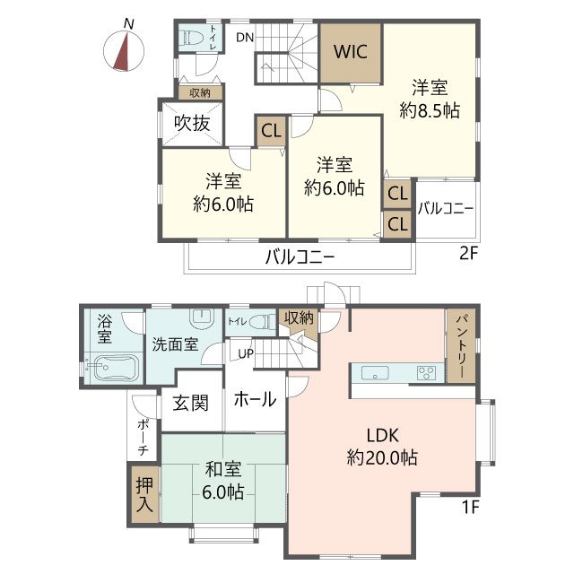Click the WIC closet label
tap(351, 52)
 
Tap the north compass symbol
tap(124, 51)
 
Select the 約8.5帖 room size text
tap(430, 110)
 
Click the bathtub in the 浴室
tap(112, 368)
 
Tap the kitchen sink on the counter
tap(375, 373)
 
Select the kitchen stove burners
tap(427, 373)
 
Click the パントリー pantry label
tap(460, 346)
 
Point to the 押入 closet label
tap(144, 495)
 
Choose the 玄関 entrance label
tap(190, 403)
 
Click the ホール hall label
tap(255, 399)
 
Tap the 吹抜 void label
tap(192, 123)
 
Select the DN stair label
tap(245, 38)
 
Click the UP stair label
tap(246, 353)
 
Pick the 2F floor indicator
tap(469, 253)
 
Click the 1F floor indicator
tap(470, 508)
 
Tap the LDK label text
tap(383, 436)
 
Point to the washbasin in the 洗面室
tap(201, 317)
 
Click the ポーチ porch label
tap(143, 438)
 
